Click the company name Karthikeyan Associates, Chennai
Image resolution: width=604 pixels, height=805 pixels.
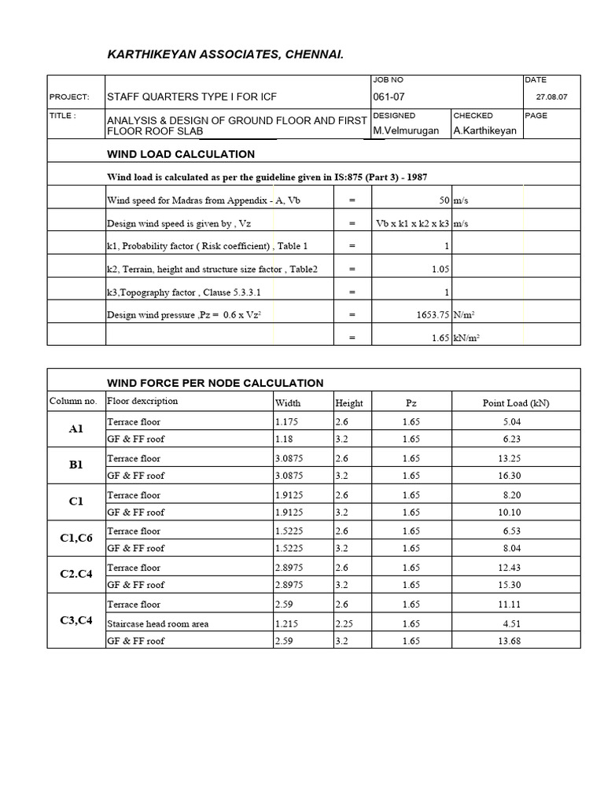225,54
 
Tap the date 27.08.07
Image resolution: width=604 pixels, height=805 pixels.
551,98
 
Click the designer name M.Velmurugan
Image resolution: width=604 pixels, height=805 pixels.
406,130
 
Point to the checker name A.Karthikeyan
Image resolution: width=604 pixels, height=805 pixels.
485,130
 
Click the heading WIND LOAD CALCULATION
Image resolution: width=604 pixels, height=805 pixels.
181,154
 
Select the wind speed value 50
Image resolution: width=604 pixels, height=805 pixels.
443,200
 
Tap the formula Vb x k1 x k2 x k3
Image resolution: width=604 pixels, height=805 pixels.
413,223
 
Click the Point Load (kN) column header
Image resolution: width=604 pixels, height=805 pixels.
516,403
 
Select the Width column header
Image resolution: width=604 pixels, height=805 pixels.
287,403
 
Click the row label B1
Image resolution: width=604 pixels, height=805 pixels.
76,465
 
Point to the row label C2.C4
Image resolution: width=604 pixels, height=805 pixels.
76,574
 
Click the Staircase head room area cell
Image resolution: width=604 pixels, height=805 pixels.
158,623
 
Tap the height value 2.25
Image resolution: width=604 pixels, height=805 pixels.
344,623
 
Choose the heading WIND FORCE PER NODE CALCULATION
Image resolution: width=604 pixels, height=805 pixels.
215,383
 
